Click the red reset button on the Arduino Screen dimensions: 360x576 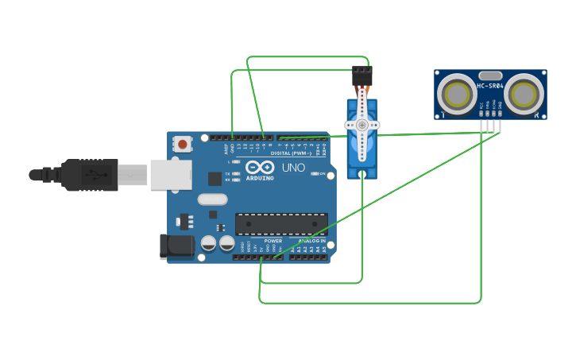[183, 144]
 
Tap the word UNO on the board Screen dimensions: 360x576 [293, 168]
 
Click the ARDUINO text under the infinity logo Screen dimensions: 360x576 [260, 178]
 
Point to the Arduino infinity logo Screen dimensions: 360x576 [260, 167]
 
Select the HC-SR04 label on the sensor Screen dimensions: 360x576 [489, 86]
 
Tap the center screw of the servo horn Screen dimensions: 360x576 [362, 125]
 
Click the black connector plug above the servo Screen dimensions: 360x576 [362, 75]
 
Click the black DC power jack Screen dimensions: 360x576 [176, 246]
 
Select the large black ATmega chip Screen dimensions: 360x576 [281, 223]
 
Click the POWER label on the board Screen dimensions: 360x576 [273, 241]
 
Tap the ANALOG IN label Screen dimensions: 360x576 [311, 241]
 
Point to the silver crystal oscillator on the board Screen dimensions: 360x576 [212, 199]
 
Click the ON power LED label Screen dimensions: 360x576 [323, 173]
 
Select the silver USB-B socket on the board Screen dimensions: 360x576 [171, 174]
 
